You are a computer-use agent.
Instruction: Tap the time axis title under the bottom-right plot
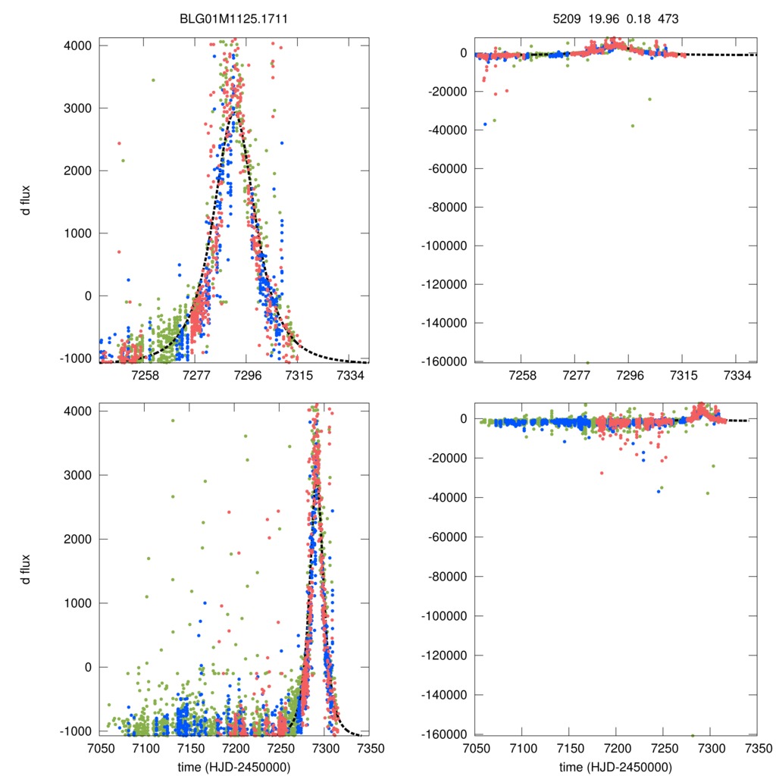(615, 766)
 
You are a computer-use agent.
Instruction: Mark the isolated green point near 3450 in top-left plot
(153, 80)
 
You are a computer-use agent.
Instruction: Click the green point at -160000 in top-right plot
(587, 362)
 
